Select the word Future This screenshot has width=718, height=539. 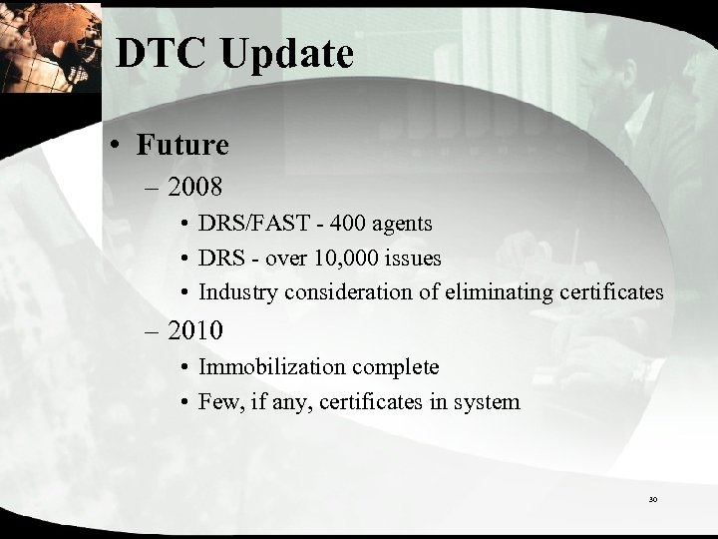(x=184, y=146)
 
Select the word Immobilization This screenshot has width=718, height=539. (x=272, y=367)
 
